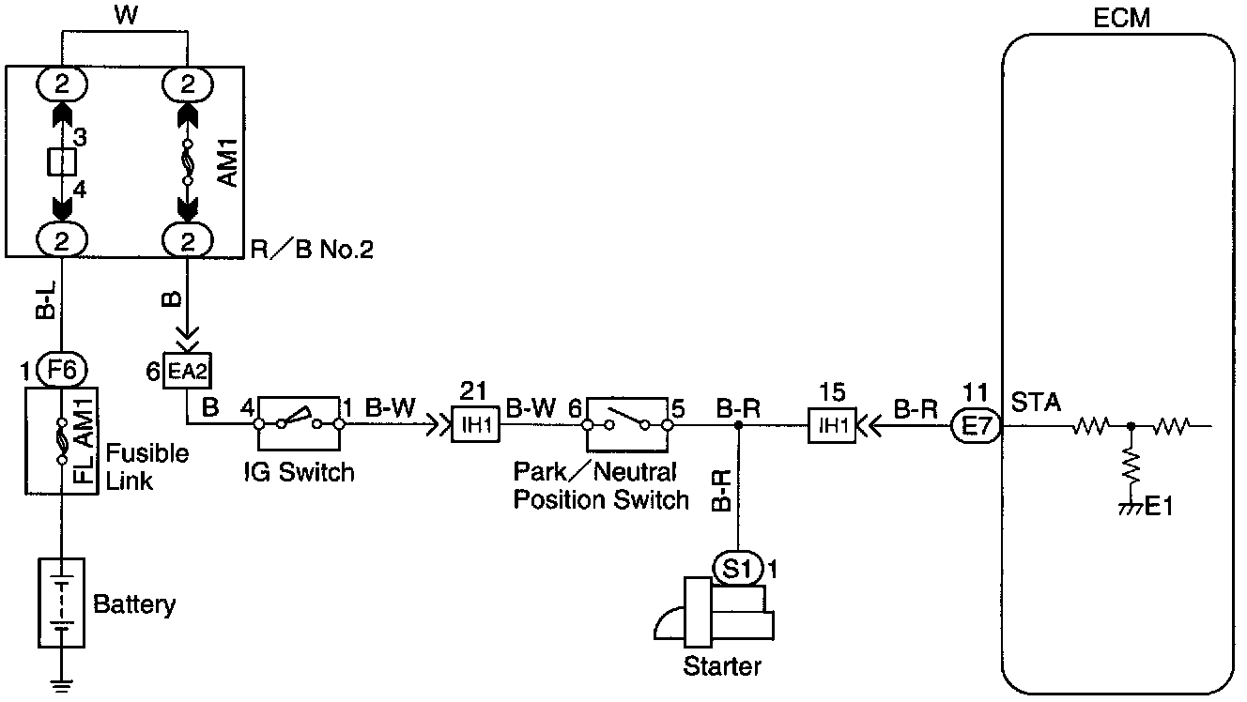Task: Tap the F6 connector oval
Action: pos(61,370)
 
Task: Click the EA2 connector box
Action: pos(188,370)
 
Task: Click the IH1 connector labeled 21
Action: pos(477,425)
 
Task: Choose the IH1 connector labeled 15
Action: pos(834,425)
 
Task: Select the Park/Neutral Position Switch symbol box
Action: pos(627,424)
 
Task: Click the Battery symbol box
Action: pos(61,602)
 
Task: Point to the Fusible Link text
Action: pos(146,465)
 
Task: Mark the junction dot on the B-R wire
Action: pos(739,425)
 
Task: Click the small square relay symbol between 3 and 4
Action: pos(61,162)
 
